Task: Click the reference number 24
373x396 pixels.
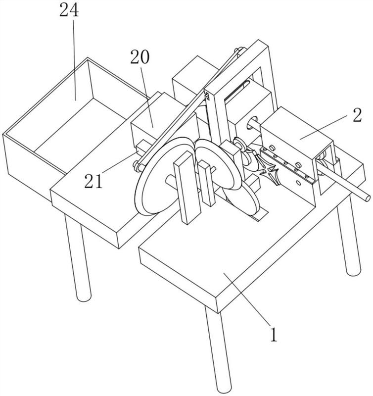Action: (x=69, y=10)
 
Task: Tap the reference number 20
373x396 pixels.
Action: (x=140, y=57)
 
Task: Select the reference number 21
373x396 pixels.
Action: (x=93, y=181)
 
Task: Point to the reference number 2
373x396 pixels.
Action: (x=357, y=115)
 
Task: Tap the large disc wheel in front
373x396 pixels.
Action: (x=158, y=177)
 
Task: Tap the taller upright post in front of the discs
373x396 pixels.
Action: (x=187, y=188)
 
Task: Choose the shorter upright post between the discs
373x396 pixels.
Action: (x=206, y=183)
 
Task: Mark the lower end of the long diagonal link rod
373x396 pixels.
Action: (x=138, y=166)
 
